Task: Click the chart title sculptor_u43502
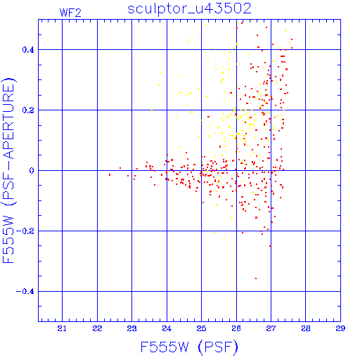[189, 9]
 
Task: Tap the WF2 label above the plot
[70, 13]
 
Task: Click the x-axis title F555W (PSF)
[189, 347]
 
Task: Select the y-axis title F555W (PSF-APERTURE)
[8, 171]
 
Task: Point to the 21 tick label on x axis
[62, 328]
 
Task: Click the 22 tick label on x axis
[97, 328]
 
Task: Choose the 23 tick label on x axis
[131, 328]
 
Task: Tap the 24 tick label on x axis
[167, 328]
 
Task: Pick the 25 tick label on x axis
[201, 328]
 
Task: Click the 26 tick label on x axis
[236, 328]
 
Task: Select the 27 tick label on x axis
[271, 328]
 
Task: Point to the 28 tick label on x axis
[306, 328]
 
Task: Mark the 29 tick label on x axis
[340, 328]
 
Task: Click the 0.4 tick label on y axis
[28, 50]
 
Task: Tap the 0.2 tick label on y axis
[28, 110]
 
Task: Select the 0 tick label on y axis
[32, 171]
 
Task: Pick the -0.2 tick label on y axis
[25, 231]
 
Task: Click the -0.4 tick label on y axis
[25, 292]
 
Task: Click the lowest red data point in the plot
[256, 278]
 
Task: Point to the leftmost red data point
[110, 175]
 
